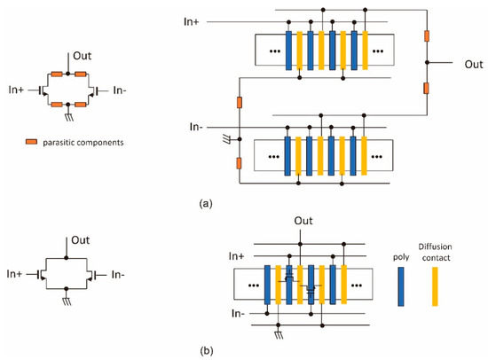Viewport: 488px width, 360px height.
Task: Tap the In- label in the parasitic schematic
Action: pyautogui.click(x=126, y=88)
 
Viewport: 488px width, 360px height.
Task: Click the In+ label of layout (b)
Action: pyautogui.click(x=236, y=255)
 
